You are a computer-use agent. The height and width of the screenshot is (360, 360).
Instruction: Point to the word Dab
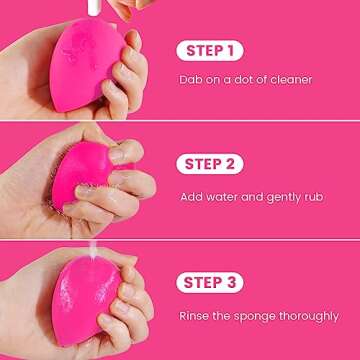tap(191, 80)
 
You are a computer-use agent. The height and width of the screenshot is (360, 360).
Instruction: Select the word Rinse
tap(195, 316)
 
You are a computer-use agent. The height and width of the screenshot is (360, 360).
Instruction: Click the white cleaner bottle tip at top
tap(98, 8)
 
